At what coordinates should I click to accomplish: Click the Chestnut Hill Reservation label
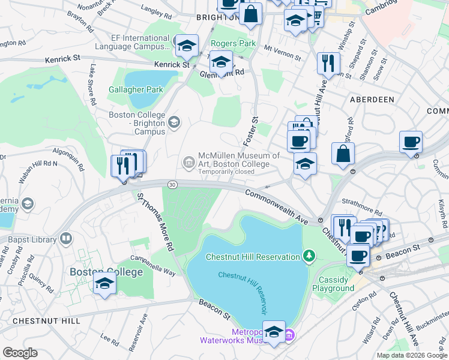click(252, 257)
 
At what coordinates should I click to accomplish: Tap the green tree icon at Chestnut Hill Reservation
click(309, 257)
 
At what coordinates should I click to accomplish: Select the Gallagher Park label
click(136, 90)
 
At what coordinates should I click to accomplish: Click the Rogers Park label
click(233, 43)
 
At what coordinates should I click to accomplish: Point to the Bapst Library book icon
click(65, 238)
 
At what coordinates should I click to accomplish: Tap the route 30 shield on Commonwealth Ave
click(173, 184)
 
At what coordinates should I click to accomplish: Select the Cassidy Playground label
click(333, 284)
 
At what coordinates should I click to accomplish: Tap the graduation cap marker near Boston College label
click(104, 283)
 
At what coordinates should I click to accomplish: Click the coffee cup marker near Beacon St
click(358, 254)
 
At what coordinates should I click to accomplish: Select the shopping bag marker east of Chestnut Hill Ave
click(342, 154)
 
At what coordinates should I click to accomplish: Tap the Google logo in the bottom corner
click(20, 353)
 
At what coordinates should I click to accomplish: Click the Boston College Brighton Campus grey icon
click(174, 122)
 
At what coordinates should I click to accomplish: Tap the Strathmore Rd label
click(361, 212)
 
